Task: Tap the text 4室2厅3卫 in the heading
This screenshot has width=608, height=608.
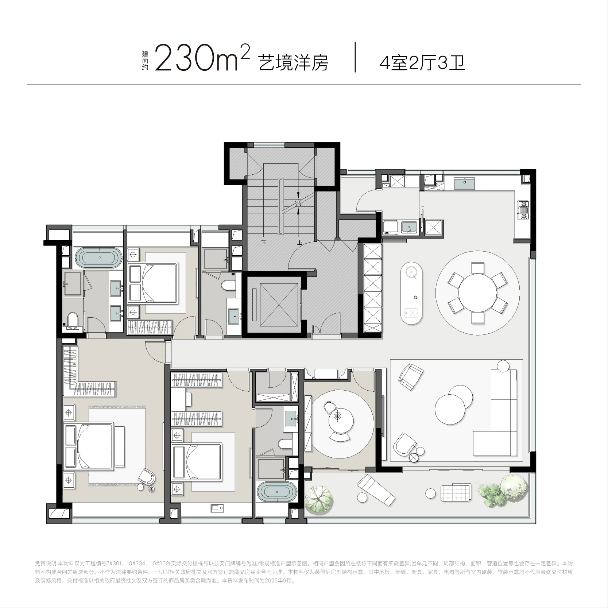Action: [x=422, y=63]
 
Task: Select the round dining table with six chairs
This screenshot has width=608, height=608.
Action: [x=477, y=293]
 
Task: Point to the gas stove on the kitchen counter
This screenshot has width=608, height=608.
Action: [x=523, y=210]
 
